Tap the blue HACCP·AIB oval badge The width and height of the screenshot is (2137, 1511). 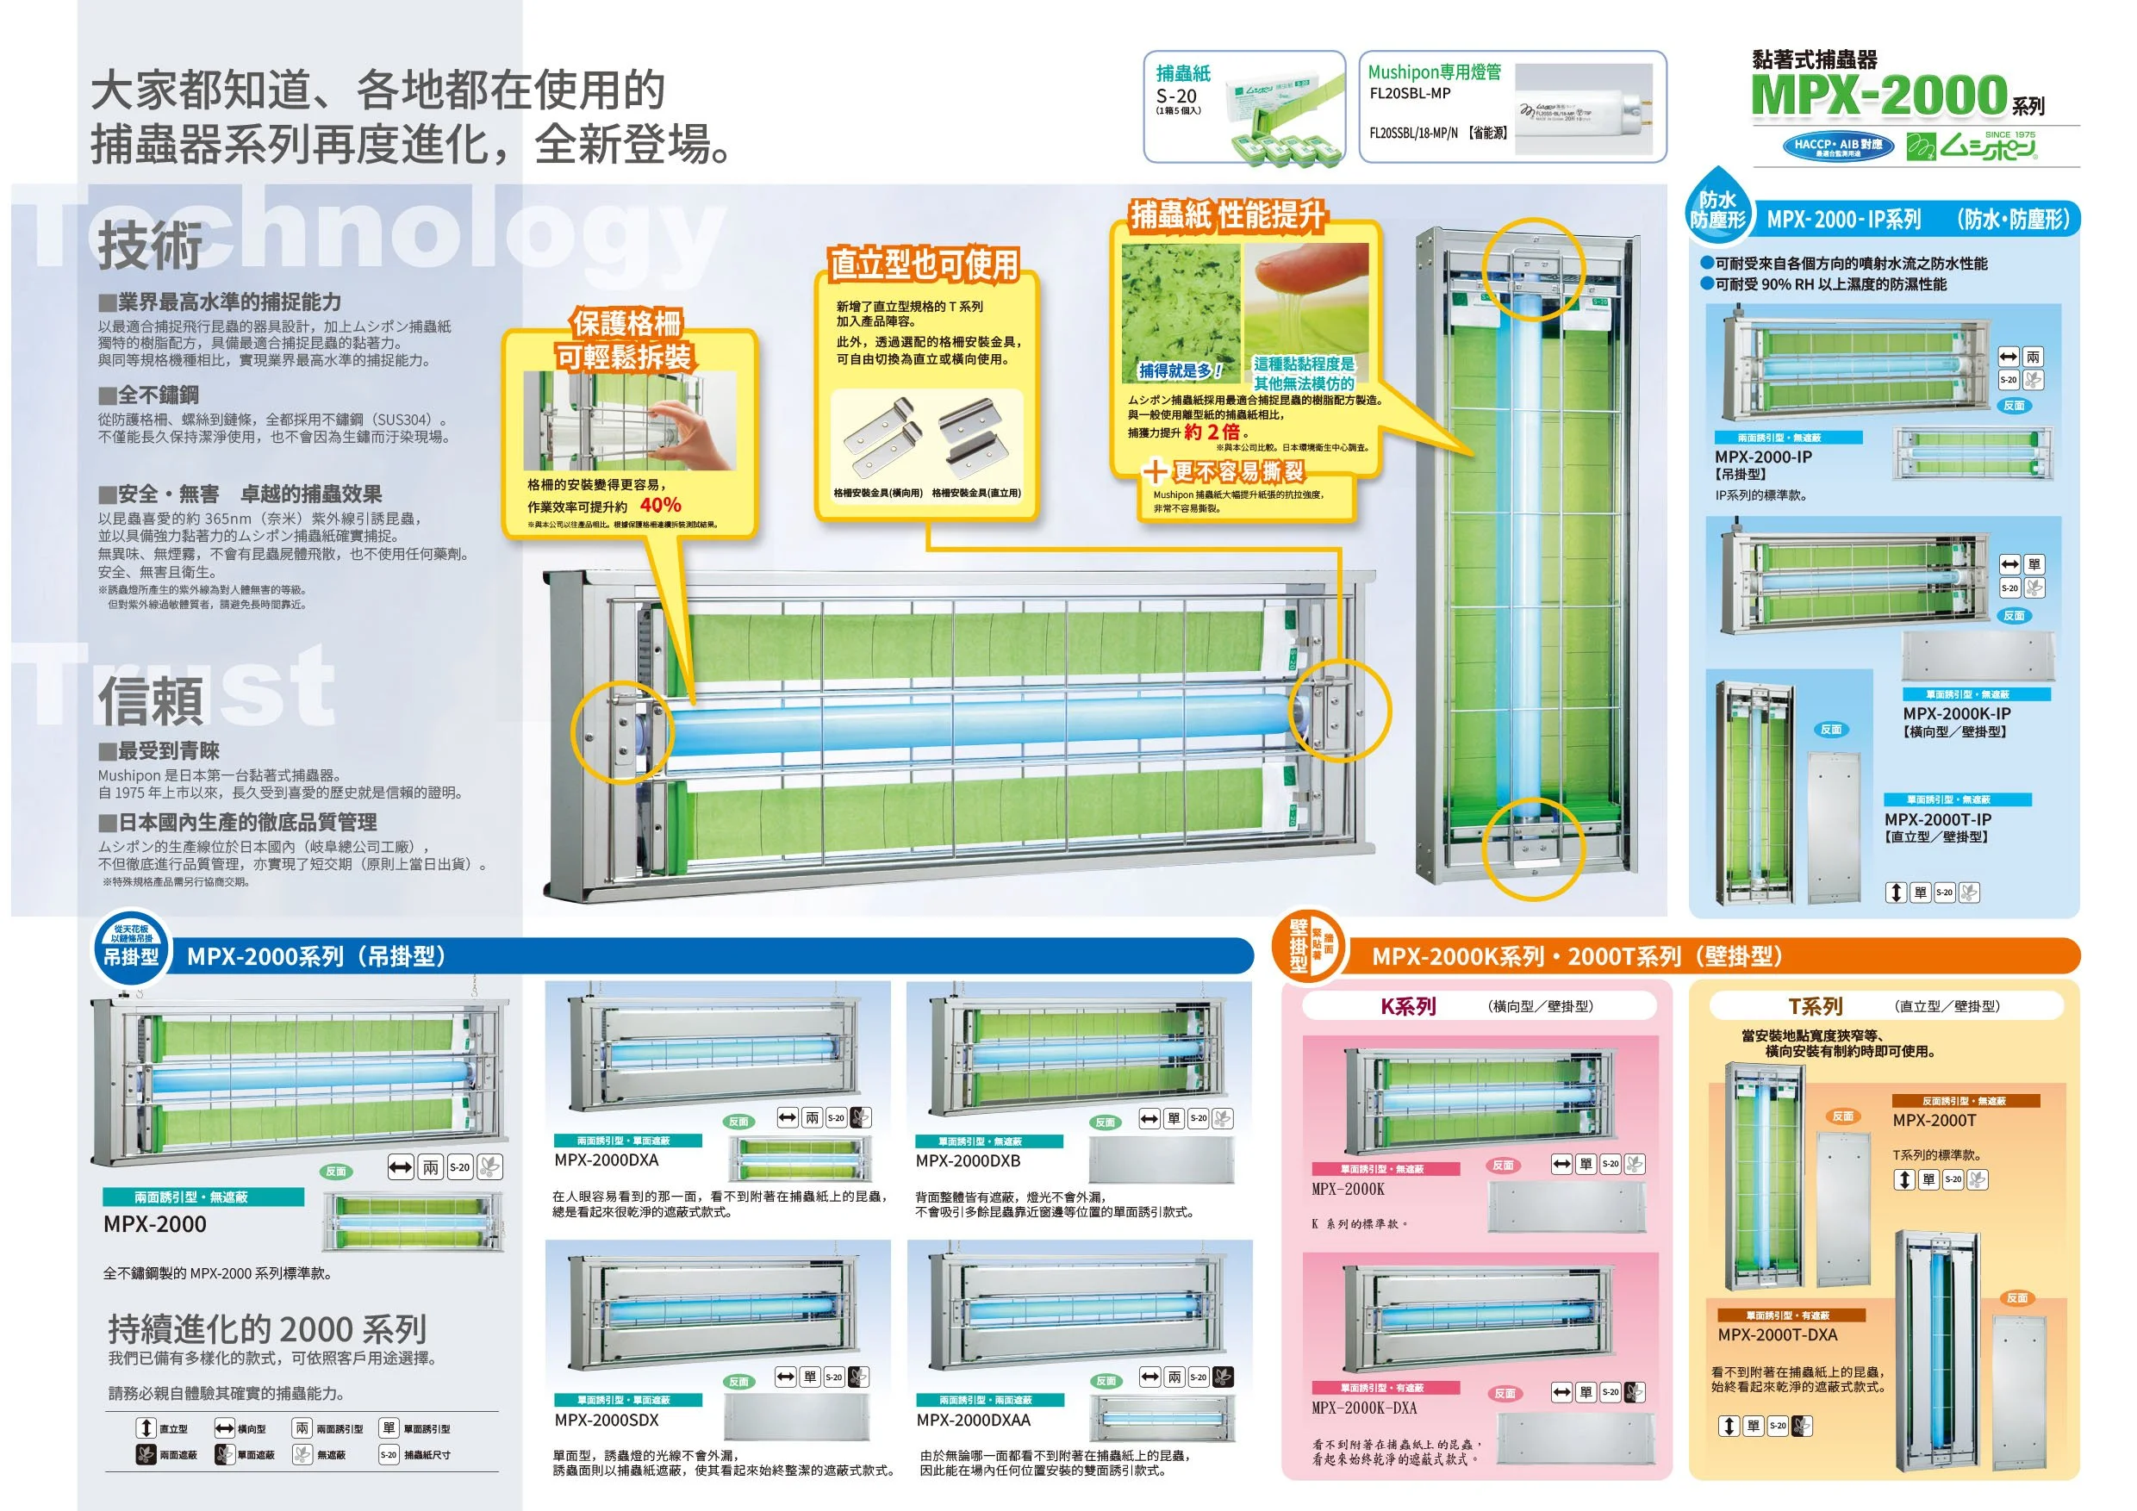pyautogui.click(x=1837, y=147)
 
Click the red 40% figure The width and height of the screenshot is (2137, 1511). pyautogui.click(x=660, y=505)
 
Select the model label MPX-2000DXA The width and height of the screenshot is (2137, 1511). pyautogui.click(x=606, y=1160)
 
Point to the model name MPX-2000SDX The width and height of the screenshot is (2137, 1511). pyautogui.click(x=606, y=1420)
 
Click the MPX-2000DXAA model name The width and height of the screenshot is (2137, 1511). pyautogui.click(x=973, y=1420)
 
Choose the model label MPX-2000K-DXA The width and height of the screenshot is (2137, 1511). pyautogui.click(x=1363, y=1408)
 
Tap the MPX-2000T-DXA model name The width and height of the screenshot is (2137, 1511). pyautogui.click(x=1777, y=1334)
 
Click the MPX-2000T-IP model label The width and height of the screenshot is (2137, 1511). pyautogui.click(x=1937, y=820)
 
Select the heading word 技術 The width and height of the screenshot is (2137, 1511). pyautogui.click(x=150, y=245)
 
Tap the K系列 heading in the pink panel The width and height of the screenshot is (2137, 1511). pyautogui.click(x=1407, y=1006)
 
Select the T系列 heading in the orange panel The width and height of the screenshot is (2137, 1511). pyautogui.click(x=1815, y=1006)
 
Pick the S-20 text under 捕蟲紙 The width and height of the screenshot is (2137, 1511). pyautogui.click(x=1175, y=96)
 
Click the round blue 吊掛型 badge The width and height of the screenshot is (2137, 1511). pyautogui.click(x=131, y=948)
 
